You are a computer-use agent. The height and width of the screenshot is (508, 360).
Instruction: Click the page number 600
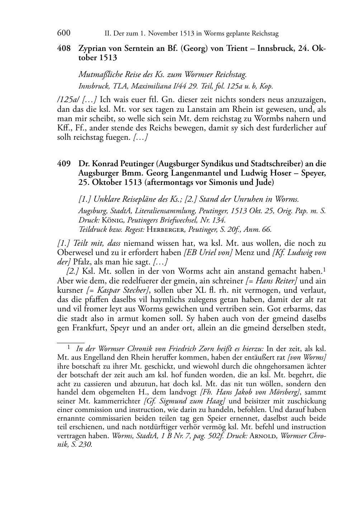click(x=63, y=33)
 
